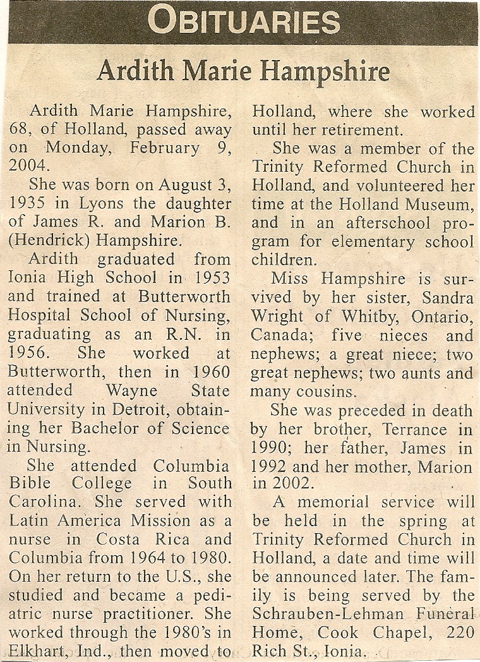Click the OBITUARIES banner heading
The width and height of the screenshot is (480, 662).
[x=244, y=21]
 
